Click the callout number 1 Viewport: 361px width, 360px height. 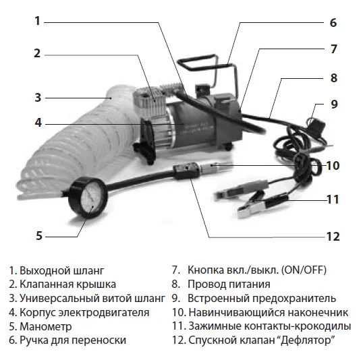[x=37, y=20]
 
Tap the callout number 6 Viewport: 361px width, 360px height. [x=332, y=22]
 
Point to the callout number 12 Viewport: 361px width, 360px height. [x=331, y=237]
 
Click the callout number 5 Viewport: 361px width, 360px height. [x=39, y=235]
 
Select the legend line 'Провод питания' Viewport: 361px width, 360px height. [x=230, y=284]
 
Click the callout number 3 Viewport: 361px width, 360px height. [x=38, y=96]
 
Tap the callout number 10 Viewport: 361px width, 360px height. [x=331, y=166]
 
